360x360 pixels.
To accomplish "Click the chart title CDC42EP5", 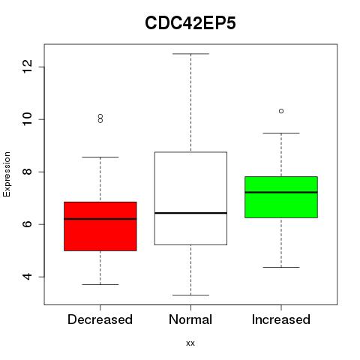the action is pyautogui.click(x=190, y=23).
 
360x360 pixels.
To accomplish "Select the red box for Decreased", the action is pyautogui.click(x=100, y=226).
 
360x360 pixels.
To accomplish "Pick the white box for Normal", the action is pyautogui.click(x=190, y=198).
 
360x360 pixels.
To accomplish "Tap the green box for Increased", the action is pyautogui.click(x=281, y=197).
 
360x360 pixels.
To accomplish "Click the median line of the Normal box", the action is pyautogui.click(x=190, y=213).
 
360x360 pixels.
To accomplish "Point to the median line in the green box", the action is pyautogui.click(x=281, y=192).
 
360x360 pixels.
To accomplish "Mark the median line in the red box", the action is pyautogui.click(x=100, y=219).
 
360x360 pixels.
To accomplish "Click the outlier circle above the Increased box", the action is pyautogui.click(x=281, y=111).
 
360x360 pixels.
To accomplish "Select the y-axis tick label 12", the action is pyautogui.click(x=28, y=67).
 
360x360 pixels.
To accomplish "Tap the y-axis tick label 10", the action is pyautogui.click(x=28, y=119).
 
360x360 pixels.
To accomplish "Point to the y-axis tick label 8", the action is pyautogui.click(x=28, y=172).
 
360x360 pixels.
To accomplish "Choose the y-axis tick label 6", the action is pyautogui.click(x=28, y=224).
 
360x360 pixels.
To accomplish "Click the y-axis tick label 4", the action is pyautogui.click(x=28, y=277).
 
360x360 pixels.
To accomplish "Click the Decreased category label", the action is pyautogui.click(x=100, y=319).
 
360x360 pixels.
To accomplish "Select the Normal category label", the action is pyautogui.click(x=190, y=319).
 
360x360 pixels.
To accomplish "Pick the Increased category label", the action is pyautogui.click(x=281, y=319).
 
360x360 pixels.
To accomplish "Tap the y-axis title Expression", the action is pyautogui.click(x=7, y=174).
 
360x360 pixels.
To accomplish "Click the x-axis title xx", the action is pyautogui.click(x=190, y=343).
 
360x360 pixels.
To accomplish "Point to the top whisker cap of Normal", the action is pyautogui.click(x=190, y=54).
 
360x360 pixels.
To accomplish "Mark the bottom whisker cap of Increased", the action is pyautogui.click(x=281, y=267).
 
